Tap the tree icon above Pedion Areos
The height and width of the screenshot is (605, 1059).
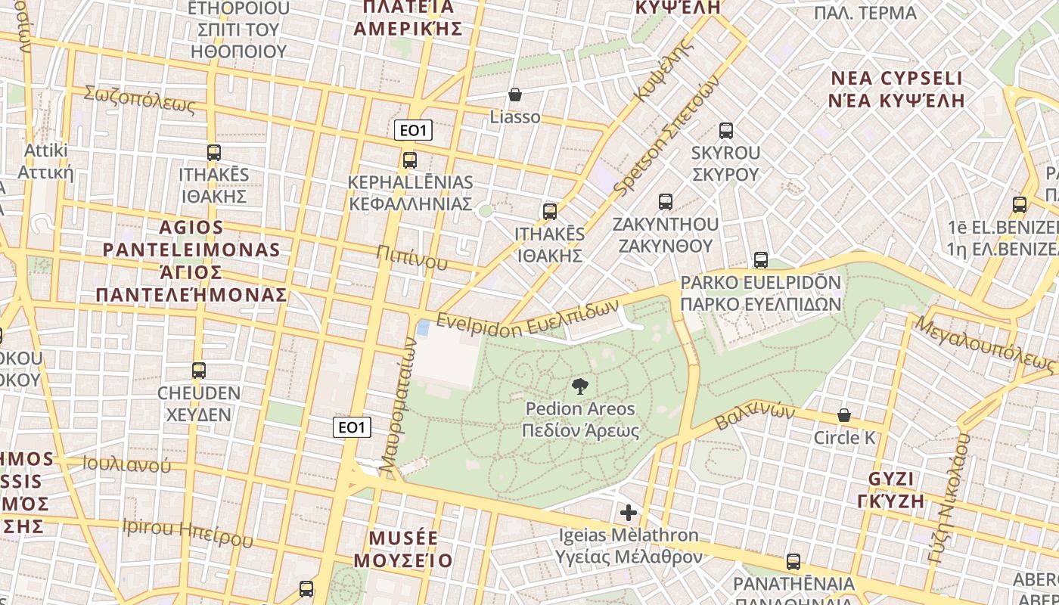click(580, 386)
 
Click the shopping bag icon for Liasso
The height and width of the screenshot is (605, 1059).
click(515, 95)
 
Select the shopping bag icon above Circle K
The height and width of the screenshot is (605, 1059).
click(843, 415)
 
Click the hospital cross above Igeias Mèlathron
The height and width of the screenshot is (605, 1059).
click(628, 513)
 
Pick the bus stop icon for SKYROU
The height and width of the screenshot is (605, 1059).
click(726, 130)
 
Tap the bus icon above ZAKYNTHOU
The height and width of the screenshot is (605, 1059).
click(666, 202)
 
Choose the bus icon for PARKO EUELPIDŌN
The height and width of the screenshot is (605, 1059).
click(761, 260)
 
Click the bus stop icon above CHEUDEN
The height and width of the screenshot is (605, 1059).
click(199, 371)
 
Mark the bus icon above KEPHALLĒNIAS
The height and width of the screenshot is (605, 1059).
click(410, 160)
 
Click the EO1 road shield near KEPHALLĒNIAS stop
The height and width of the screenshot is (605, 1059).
click(413, 131)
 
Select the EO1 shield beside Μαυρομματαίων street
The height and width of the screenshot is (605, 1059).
click(352, 427)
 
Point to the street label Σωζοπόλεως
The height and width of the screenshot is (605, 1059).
click(139, 100)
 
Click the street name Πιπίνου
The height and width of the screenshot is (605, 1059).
click(412, 258)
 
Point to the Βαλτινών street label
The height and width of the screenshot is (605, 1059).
click(754, 417)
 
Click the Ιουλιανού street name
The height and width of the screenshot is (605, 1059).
click(127, 464)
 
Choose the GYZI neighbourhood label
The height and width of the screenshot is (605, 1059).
click(891, 479)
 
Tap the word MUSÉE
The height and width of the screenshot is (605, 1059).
click(403, 538)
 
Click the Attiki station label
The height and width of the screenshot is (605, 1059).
click(46, 150)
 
